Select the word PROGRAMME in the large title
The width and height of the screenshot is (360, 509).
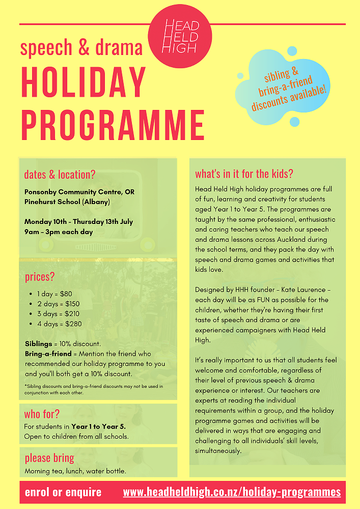click(x=113, y=124)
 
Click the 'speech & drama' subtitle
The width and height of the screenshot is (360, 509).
click(x=81, y=47)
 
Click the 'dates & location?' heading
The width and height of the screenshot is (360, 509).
click(x=60, y=175)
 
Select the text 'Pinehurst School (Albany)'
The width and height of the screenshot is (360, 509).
click(x=67, y=202)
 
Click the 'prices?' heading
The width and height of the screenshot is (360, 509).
click(x=39, y=277)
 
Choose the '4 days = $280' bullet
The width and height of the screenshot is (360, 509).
click(x=59, y=324)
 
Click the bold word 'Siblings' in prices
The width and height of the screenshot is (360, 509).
click(x=38, y=344)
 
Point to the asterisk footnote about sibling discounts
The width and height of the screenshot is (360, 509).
click(x=94, y=389)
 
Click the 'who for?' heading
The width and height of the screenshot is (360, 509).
click(x=42, y=414)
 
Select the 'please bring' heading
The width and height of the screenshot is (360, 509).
click(x=49, y=458)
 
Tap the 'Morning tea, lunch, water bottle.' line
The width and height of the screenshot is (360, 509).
click(x=75, y=471)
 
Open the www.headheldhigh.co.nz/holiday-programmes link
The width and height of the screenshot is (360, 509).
click(x=232, y=492)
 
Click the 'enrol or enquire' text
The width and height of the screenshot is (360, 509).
click(x=63, y=492)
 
